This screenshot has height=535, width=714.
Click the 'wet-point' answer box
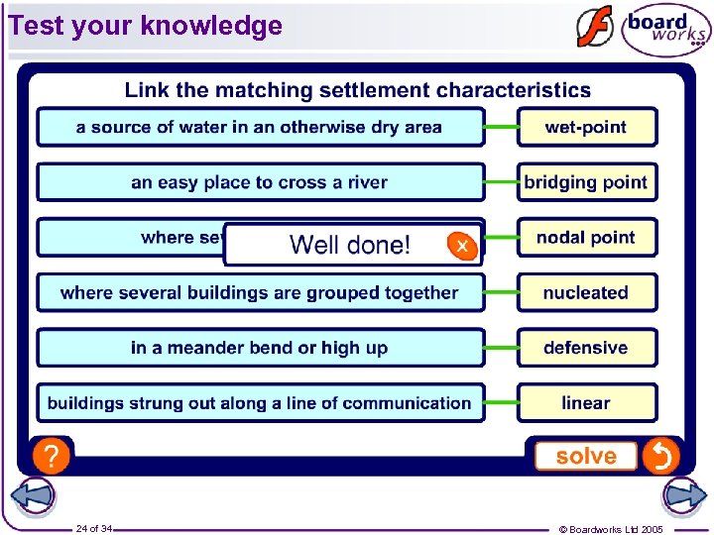click(586, 127)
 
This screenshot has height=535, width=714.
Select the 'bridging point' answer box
click(586, 182)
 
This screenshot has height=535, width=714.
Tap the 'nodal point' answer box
click(586, 238)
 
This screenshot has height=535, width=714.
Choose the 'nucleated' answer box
click(586, 293)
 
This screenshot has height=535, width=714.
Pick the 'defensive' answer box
click(586, 348)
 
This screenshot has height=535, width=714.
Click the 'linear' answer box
click(586, 403)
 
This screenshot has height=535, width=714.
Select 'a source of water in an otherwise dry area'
click(260, 127)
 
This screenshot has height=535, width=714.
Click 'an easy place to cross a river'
click(260, 182)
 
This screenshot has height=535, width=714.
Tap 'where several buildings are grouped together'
click(260, 293)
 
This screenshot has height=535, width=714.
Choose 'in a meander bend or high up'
click(260, 348)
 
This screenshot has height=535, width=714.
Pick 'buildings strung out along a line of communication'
click(260, 403)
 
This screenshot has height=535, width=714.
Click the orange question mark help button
click(51, 457)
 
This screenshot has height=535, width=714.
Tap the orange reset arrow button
click(660, 457)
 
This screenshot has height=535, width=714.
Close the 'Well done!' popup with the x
click(461, 245)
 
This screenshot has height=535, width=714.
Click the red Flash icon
click(595, 28)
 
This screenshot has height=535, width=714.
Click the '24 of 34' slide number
click(94, 529)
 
